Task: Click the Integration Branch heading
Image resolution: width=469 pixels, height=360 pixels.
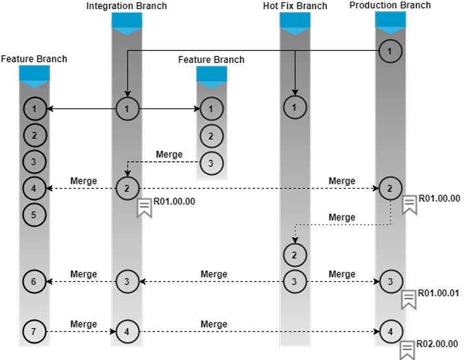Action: click(127, 6)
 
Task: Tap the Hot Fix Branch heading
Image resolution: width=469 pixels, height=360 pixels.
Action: click(295, 6)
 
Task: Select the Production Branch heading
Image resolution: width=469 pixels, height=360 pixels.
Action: click(390, 5)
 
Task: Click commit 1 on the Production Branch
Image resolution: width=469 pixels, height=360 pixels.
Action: click(390, 50)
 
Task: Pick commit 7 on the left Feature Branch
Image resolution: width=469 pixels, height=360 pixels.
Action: click(34, 332)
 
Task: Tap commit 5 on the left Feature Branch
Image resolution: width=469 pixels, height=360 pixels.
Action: click(34, 213)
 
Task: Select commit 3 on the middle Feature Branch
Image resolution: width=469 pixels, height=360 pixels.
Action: click(211, 162)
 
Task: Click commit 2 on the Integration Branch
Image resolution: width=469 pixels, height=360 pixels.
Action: click(127, 188)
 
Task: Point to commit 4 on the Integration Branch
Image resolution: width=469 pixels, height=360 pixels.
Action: click(127, 332)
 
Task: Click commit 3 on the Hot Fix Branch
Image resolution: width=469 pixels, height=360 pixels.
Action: click(295, 281)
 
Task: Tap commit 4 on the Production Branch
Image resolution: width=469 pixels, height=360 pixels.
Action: click(390, 332)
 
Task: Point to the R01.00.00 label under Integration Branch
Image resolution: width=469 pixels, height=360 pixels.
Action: click(175, 201)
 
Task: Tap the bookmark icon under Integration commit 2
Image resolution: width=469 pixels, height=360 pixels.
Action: click(144, 208)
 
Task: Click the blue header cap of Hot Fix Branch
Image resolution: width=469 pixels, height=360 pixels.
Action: click(295, 20)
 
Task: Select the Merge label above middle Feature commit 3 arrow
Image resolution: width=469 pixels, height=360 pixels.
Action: click(170, 155)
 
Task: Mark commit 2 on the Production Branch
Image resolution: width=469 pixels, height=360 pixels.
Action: click(390, 188)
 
